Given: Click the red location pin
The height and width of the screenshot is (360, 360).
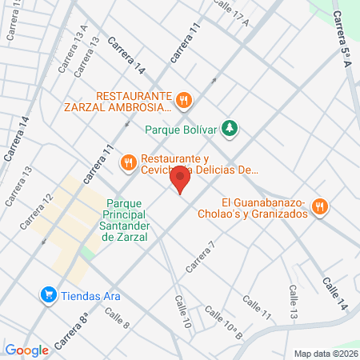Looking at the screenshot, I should point(182,180).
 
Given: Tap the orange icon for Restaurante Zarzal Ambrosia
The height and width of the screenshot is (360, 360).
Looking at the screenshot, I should point(184,100).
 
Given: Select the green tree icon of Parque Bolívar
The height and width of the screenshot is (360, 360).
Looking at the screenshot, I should point(230,127).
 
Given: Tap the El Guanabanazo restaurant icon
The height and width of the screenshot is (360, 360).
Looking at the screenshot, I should point(319,206).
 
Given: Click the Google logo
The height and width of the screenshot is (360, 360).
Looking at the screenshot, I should point(27,350).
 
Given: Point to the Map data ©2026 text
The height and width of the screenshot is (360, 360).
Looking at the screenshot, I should point(324,353).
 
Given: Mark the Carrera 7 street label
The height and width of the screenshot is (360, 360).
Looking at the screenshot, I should point(201,257).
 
